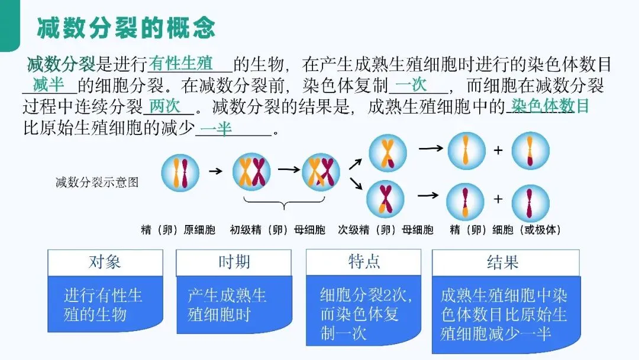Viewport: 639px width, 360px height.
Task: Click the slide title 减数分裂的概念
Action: [126, 28]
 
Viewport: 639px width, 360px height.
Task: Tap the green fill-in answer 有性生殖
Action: [181, 63]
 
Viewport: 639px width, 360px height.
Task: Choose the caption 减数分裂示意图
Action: [97, 182]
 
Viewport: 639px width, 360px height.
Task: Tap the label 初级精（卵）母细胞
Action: [277, 230]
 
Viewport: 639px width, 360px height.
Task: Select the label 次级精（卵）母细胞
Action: [386, 230]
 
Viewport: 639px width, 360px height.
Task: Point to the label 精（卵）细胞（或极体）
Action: [505, 230]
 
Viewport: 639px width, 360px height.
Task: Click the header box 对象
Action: [105, 262]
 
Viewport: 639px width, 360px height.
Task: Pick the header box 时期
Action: [234, 262]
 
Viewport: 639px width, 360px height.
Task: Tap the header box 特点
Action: [363, 262]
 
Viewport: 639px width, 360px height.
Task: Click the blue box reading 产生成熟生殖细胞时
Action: [233, 305]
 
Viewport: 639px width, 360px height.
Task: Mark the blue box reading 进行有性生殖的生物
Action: [104, 305]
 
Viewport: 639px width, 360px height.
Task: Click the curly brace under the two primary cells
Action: [285, 206]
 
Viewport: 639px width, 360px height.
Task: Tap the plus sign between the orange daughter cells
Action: [498, 150]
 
